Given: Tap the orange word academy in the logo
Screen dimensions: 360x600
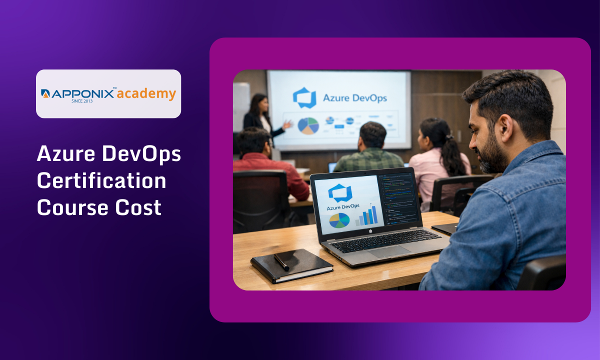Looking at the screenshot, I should click(x=146, y=93).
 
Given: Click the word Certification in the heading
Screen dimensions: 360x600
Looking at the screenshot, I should click(x=101, y=180).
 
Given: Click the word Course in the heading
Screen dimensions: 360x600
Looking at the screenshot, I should click(x=71, y=206).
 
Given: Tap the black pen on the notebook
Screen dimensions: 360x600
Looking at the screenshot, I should click(x=281, y=262).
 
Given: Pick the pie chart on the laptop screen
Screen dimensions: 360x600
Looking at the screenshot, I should click(x=339, y=220).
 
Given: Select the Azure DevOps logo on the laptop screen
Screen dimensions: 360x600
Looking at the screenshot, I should click(x=340, y=193).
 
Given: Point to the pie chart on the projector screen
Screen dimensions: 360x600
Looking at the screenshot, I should click(x=308, y=125).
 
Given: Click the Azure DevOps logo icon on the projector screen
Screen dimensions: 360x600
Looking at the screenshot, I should click(x=304, y=97).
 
